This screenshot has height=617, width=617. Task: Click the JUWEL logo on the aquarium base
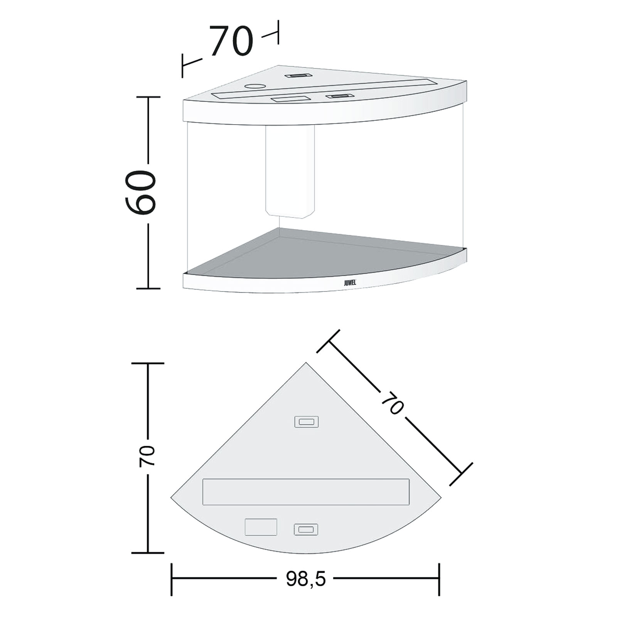tap(350, 282)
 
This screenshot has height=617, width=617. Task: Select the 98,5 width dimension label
tap(306, 578)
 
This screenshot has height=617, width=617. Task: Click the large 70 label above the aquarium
tap(231, 41)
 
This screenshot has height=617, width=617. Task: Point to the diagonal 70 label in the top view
tap(392, 402)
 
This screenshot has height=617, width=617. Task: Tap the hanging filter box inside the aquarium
tap(290, 172)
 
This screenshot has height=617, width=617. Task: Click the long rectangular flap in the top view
tap(306, 492)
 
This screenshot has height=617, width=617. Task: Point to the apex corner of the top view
tap(306, 363)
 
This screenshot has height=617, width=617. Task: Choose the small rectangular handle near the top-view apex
tap(306, 422)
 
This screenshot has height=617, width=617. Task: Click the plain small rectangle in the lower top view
tap(261, 527)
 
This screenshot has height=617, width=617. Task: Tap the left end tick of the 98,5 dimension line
tap(172, 579)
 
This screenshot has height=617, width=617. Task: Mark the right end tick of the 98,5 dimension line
tap(439, 579)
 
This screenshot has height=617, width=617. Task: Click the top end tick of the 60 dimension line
tap(148, 97)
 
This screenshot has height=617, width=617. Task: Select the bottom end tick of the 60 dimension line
tap(148, 288)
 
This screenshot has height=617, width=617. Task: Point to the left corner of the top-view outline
tap(171, 497)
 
